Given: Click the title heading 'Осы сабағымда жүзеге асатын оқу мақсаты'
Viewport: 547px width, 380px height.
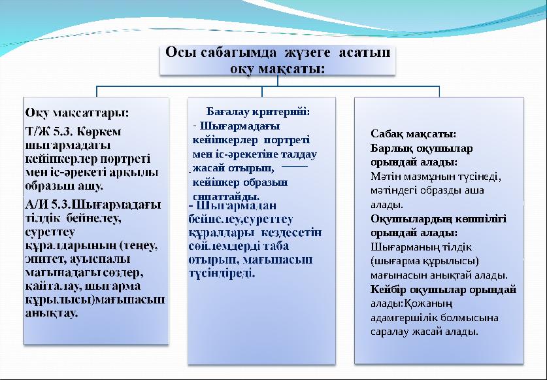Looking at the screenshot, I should coord(278,60).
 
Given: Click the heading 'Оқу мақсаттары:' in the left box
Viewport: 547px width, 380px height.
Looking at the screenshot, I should coord(77,112).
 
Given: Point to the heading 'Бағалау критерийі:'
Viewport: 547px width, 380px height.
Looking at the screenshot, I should coord(258,112).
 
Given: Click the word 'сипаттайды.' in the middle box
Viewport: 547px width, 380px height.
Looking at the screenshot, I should coord(226,196).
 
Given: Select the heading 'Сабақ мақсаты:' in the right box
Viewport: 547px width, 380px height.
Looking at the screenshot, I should coord(404,134).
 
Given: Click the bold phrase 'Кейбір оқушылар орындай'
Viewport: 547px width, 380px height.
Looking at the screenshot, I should coord(443,289).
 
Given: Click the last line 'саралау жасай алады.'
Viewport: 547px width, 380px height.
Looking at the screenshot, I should coord(423,332).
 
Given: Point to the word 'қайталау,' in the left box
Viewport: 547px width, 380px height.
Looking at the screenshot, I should coord(53,286).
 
